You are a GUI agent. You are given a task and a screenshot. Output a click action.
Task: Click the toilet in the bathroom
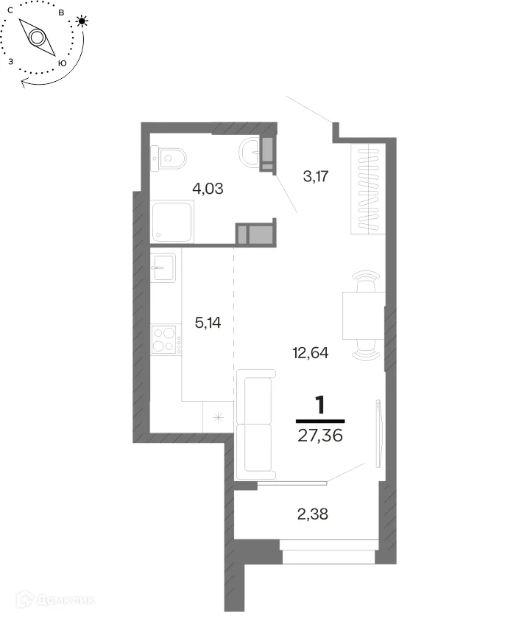click(x=169, y=158)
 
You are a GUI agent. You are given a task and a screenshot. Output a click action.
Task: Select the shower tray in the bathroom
click(x=172, y=222)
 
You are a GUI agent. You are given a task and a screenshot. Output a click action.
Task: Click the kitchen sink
click(x=163, y=268)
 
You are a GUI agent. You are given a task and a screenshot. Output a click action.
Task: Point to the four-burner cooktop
click(x=166, y=340)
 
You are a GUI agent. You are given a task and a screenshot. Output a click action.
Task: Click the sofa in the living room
click(x=255, y=424)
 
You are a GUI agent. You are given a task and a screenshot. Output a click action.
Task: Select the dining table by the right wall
click(x=364, y=315)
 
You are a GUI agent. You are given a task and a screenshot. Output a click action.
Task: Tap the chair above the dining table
click(x=366, y=281)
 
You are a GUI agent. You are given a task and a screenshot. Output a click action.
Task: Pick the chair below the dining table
click(x=366, y=350)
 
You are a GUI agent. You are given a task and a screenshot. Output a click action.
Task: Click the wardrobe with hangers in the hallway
click(x=368, y=189)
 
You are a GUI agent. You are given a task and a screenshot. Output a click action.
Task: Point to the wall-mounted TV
click(x=378, y=433)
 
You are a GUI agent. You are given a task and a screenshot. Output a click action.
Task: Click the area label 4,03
click(x=208, y=189)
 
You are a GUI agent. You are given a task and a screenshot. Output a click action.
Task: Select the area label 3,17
click(x=316, y=176)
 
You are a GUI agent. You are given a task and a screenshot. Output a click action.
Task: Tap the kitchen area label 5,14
click(x=208, y=323)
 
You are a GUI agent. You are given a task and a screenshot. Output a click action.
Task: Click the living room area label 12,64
click(x=311, y=352)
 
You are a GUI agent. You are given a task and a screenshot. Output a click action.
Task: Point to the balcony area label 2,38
click(x=312, y=514)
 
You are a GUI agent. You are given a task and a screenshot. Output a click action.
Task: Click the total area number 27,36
click(x=320, y=436)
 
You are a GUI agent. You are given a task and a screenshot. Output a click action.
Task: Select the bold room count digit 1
click(x=320, y=405)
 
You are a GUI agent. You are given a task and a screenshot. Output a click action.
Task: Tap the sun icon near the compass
click(x=82, y=21)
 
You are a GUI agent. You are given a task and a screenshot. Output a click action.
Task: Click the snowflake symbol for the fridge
click(x=219, y=417)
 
